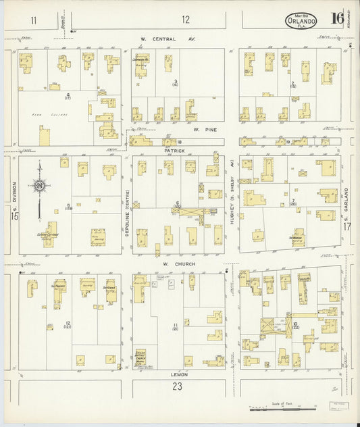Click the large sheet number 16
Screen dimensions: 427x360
pyautogui.click(x=336, y=18)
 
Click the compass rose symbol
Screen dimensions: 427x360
pyautogui.click(x=39, y=186)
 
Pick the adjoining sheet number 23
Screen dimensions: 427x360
pyautogui.click(x=178, y=387)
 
